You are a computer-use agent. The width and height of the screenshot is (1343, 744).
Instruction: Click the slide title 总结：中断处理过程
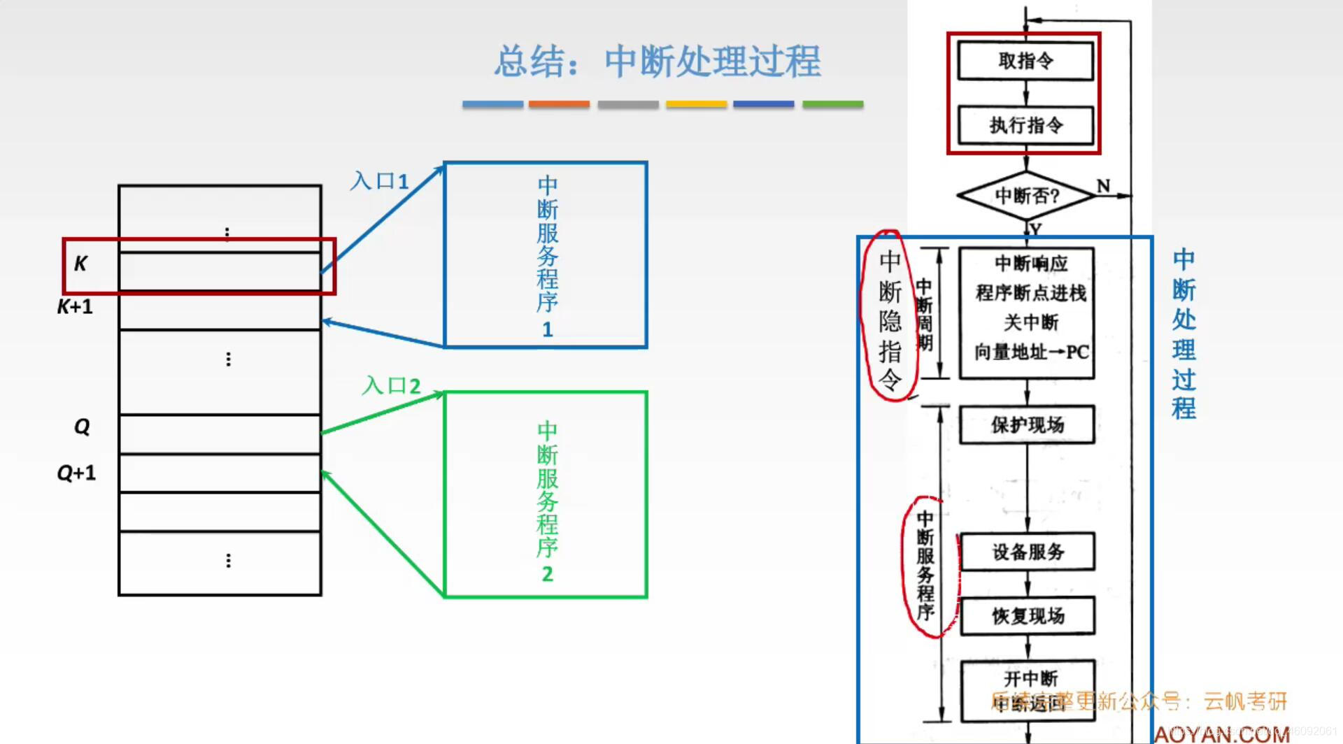point(658,62)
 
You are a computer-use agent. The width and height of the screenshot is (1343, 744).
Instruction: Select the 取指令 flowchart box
point(1025,61)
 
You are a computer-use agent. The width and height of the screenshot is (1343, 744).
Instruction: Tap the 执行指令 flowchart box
point(1025,125)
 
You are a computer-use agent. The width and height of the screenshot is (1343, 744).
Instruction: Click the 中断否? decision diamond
point(1026,196)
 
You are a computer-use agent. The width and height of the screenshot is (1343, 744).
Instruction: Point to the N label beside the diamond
point(1103,186)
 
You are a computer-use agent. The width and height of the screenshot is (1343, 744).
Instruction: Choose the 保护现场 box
point(1027,424)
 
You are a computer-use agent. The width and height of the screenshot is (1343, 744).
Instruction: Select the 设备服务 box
point(1028,552)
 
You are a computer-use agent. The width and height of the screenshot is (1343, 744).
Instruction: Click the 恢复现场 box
point(1028,615)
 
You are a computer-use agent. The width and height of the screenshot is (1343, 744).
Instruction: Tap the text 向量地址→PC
point(1031,352)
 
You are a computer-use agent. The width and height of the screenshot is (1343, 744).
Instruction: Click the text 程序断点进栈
point(1031,293)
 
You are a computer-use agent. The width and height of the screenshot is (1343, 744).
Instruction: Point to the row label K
point(80,264)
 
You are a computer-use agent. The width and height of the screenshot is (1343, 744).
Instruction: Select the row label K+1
point(75,306)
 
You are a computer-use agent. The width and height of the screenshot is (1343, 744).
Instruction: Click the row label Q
point(82,427)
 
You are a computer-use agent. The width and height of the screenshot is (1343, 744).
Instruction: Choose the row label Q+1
point(76,473)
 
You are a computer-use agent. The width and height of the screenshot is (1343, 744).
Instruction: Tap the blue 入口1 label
point(379,181)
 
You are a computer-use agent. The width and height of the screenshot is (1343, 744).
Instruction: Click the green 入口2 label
point(391,385)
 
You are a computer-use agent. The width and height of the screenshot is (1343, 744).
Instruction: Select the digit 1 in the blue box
point(547,329)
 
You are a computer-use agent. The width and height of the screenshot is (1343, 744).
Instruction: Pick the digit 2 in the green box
point(547,574)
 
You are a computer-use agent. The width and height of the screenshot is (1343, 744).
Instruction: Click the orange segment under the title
point(559,104)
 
